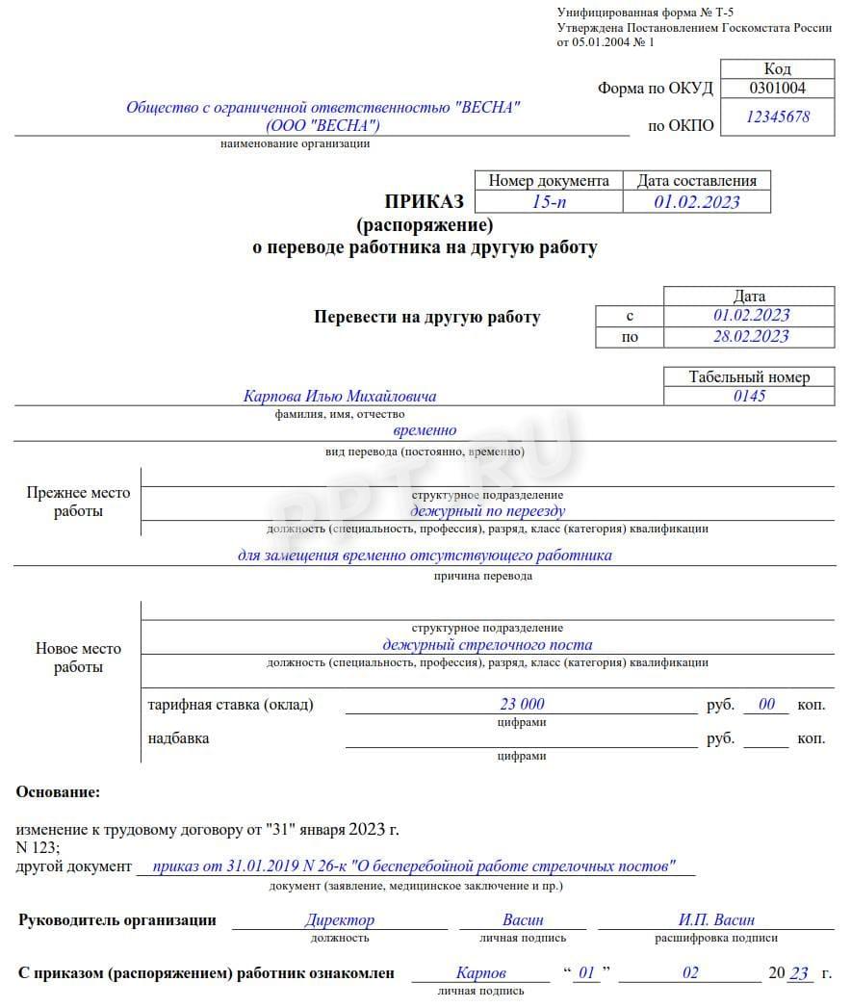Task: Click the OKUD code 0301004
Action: tap(777, 89)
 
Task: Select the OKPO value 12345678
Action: tap(777, 116)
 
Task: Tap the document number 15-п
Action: tap(549, 201)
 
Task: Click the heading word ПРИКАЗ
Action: tap(425, 201)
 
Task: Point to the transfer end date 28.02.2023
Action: tap(750, 336)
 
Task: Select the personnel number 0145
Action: tap(749, 396)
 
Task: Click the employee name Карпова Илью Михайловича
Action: tap(340, 397)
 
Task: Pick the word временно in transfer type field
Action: tap(425, 430)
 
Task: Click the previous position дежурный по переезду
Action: tap(487, 511)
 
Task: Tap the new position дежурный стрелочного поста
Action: tap(487, 645)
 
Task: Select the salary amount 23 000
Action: tap(522, 705)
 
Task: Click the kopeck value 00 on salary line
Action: tap(766, 705)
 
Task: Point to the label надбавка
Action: tap(178, 738)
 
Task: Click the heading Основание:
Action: tap(58, 792)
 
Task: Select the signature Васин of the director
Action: tap(523, 920)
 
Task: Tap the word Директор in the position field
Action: tap(339, 920)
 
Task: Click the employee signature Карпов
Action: tap(480, 973)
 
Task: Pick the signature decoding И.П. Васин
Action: tap(716, 920)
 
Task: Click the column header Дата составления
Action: tap(697, 181)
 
